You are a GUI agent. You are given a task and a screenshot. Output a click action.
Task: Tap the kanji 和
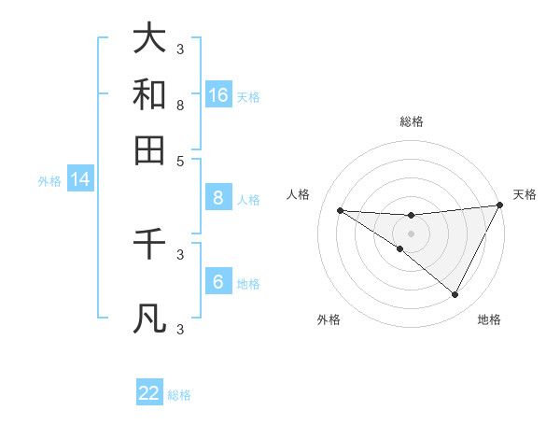coord(149,94)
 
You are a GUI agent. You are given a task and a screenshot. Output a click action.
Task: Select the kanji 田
coord(149,149)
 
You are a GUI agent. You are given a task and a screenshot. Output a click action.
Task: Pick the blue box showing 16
coord(218,95)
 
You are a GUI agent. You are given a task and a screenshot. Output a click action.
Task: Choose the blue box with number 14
coord(80,180)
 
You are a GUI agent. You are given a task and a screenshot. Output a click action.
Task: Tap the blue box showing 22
coord(149,393)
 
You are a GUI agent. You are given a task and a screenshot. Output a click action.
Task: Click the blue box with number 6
coord(217,282)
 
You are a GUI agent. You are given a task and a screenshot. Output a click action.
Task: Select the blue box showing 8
coord(217,198)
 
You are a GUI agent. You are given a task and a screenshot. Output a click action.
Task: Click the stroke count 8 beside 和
coord(180,106)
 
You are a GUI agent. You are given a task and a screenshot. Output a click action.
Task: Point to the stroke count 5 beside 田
coord(180,161)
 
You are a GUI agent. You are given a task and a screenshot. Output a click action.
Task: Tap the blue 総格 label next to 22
coord(179,395)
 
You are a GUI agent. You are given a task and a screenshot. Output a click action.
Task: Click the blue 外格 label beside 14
coord(49,181)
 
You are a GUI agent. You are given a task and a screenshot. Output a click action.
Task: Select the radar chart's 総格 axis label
coord(412,121)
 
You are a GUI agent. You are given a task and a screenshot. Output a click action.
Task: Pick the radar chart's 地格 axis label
coord(489,319)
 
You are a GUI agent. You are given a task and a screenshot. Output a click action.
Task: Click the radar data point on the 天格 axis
coord(499,205)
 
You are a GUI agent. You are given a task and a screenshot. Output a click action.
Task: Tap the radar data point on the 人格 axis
coord(341,210)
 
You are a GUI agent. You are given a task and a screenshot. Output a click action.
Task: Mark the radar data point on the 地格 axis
coord(455,295)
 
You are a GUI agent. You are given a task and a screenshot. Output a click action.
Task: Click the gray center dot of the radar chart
coord(412,233)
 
